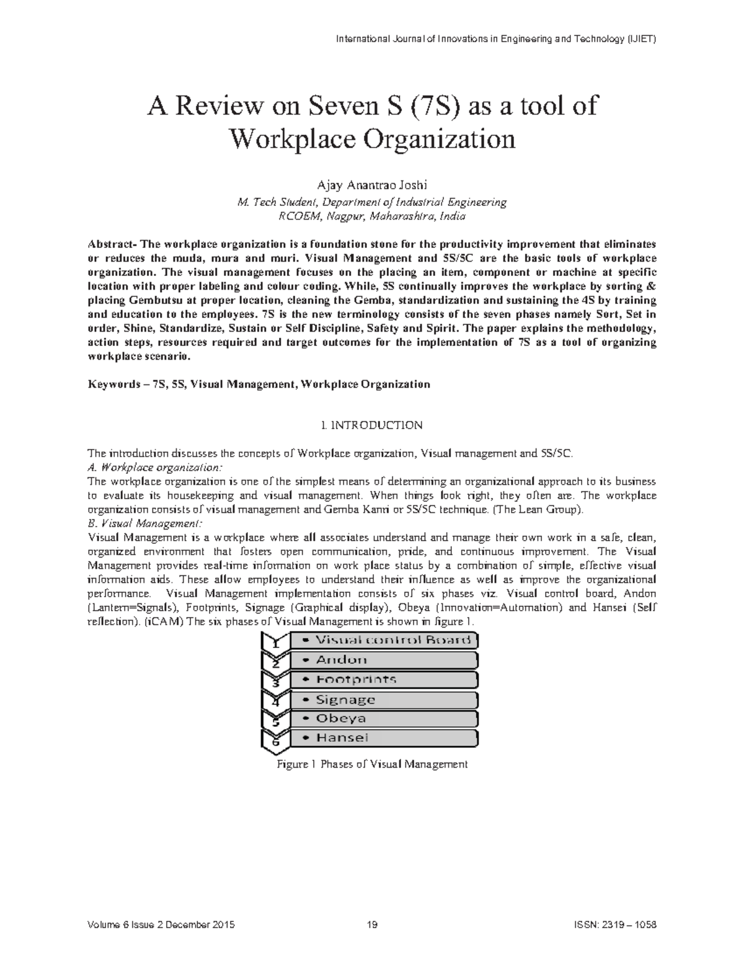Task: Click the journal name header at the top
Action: tap(495, 39)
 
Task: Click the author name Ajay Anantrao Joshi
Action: tap(372, 186)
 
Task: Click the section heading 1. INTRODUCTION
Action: tap(372, 425)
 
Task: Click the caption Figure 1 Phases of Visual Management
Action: tap(372, 765)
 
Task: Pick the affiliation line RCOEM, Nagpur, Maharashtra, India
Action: tap(372, 216)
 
